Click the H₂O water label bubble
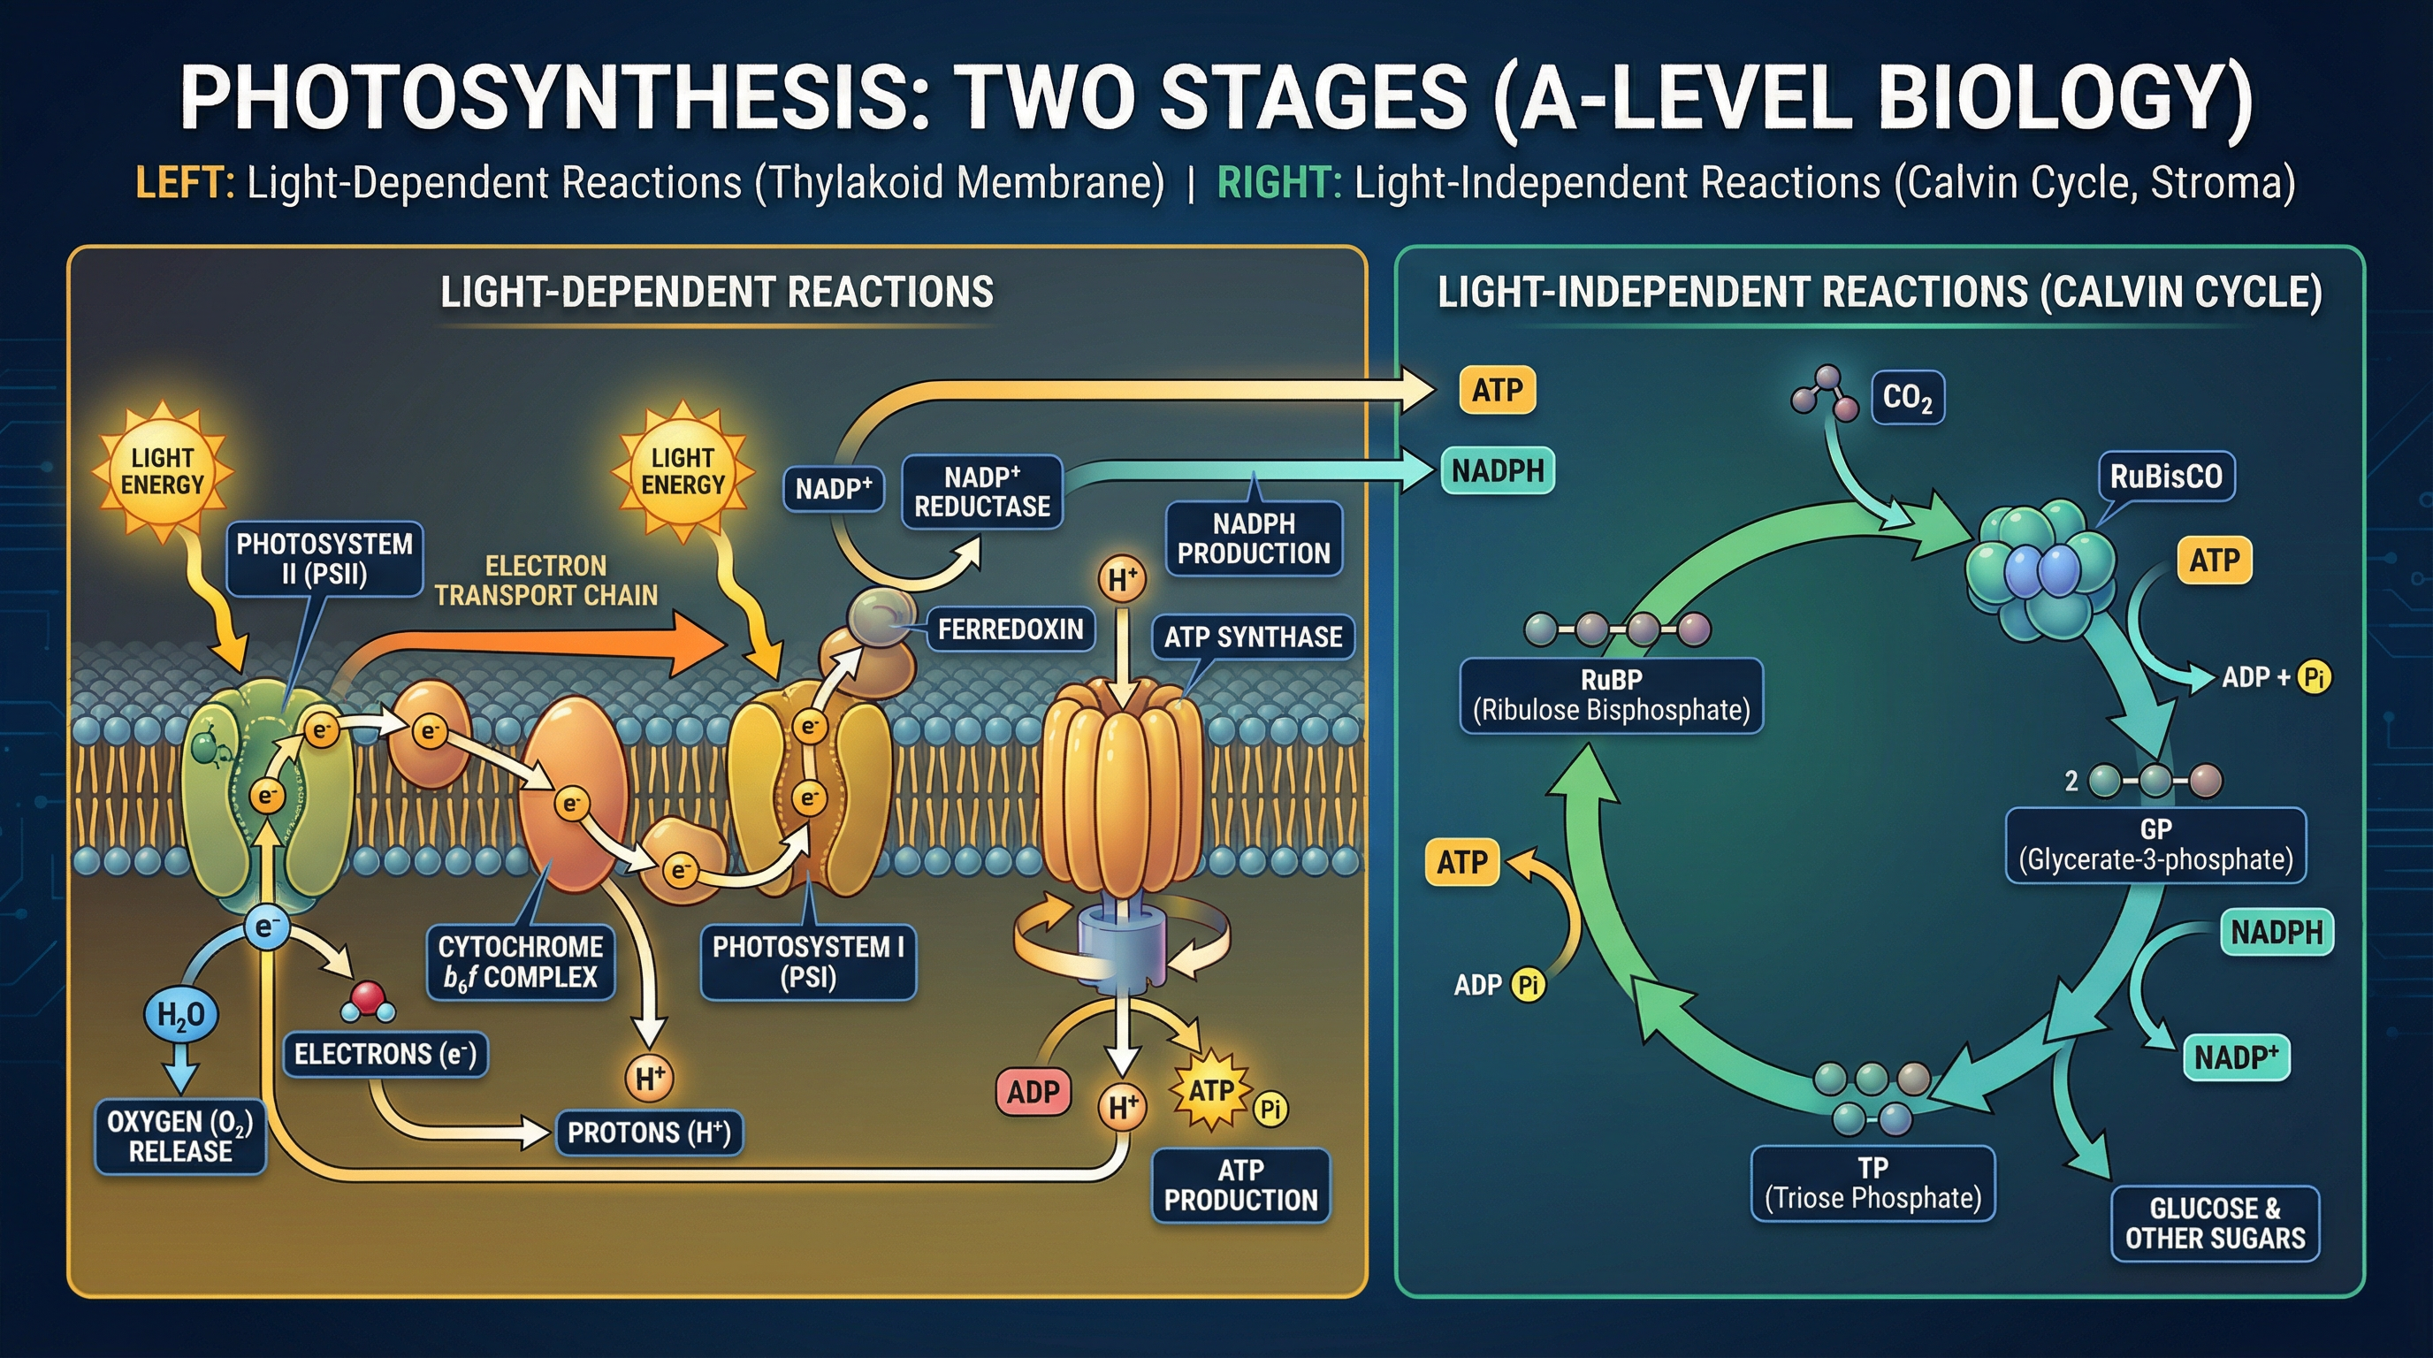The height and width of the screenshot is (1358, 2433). click(x=180, y=1015)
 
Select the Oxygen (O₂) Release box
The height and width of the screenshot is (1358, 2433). click(x=180, y=1136)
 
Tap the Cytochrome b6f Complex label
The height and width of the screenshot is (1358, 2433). click(x=521, y=961)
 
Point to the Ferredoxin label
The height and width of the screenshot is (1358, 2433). click(x=1010, y=629)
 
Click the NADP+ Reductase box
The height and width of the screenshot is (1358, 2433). click(x=982, y=491)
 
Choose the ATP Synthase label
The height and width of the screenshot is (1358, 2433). click(x=1253, y=637)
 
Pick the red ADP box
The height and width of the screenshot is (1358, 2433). click(x=1033, y=1092)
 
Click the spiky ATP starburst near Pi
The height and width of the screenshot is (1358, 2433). click(x=1211, y=1092)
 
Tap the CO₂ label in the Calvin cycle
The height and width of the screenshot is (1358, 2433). click(x=1907, y=398)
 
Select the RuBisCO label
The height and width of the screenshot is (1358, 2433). click(x=2166, y=476)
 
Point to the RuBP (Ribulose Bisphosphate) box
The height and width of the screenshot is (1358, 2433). click(x=1612, y=695)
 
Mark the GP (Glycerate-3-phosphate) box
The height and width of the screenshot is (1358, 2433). click(x=2155, y=844)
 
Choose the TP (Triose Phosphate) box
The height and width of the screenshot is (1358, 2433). click(x=1872, y=1183)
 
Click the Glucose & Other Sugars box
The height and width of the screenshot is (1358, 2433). click(x=2215, y=1223)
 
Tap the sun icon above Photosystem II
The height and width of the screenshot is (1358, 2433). click(x=163, y=471)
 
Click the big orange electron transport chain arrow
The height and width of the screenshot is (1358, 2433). click(x=529, y=647)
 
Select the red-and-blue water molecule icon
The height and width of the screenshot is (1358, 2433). click(x=368, y=1001)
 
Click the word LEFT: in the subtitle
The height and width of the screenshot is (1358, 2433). click(x=185, y=183)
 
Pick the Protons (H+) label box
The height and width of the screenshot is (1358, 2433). click(x=649, y=1133)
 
